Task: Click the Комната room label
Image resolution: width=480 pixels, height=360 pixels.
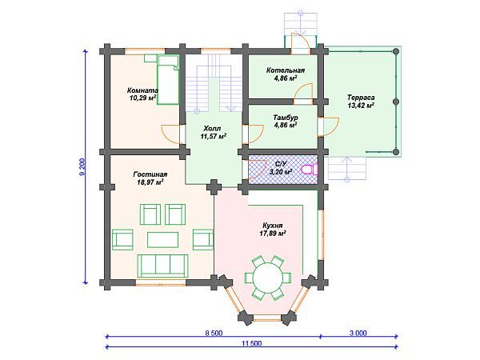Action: [x=142, y=90]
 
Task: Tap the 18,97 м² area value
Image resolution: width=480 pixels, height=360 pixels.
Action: [x=150, y=182]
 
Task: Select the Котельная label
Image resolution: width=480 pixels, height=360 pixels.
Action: [x=286, y=70]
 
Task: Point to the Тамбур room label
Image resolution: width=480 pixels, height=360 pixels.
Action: [x=286, y=118]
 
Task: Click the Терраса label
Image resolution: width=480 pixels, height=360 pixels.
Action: [x=361, y=98]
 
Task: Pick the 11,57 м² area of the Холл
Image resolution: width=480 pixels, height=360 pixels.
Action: [x=214, y=136]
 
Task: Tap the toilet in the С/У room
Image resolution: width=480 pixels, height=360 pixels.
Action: [x=310, y=170]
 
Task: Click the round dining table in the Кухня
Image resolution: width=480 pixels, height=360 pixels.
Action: [x=267, y=278]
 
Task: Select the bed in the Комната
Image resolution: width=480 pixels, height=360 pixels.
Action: [x=168, y=79]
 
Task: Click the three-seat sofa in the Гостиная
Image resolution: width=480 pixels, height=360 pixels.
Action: [x=162, y=266]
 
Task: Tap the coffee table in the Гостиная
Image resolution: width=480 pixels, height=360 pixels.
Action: [x=162, y=240]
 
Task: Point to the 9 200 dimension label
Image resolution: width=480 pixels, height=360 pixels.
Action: [x=82, y=167]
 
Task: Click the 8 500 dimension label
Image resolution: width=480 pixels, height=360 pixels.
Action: [x=214, y=333]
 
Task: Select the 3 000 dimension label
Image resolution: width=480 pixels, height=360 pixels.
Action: [x=358, y=333]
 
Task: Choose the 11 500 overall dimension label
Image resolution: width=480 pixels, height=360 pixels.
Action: [x=252, y=343]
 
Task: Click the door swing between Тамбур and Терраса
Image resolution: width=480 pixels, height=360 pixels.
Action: [x=329, y=126]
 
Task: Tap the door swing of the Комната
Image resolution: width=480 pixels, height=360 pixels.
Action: [x=170, y=134]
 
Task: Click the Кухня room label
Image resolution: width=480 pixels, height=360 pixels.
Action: [x=273, y=226]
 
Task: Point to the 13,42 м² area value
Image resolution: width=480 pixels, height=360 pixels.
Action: [x=361, y=106]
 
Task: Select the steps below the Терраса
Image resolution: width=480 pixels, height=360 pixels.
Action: [x=347, y=168]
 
